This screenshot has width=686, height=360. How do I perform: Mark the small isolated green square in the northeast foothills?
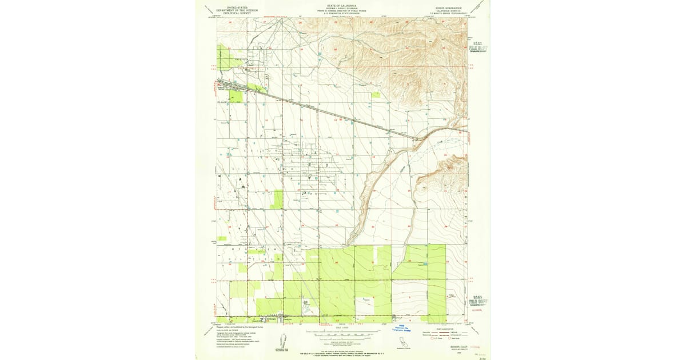[x=375, y=95]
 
